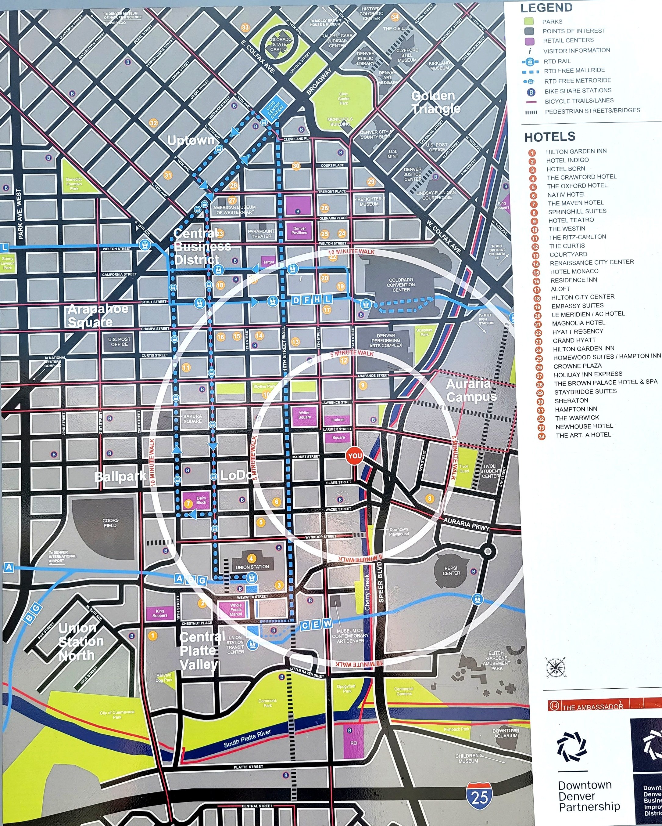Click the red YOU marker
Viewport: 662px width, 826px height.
pyautogui.click(x=354, y=456)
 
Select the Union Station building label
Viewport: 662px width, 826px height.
pyautogui.click(x=252, y=567)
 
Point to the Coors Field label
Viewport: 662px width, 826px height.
pyautogui.click(x=111, y=523)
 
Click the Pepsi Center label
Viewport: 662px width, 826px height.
pyautogui.click(x=452, y=571)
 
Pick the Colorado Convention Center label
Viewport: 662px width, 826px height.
pyautogui.click(x=401, y=285)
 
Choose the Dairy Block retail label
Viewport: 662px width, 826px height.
pyautogui.click(x=201, y=500)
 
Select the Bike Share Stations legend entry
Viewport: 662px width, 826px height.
pyautogui.click(x=578, y=91)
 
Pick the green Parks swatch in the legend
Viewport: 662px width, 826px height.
pyautogui.click(x=529, y=21)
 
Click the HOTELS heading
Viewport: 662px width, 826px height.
pyautogui.click(x=549, y=137)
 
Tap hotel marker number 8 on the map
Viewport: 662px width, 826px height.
pyautogui.click(x=429, y=498)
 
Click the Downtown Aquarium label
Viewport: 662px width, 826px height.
pyautogui.click(x=506, y=733)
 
